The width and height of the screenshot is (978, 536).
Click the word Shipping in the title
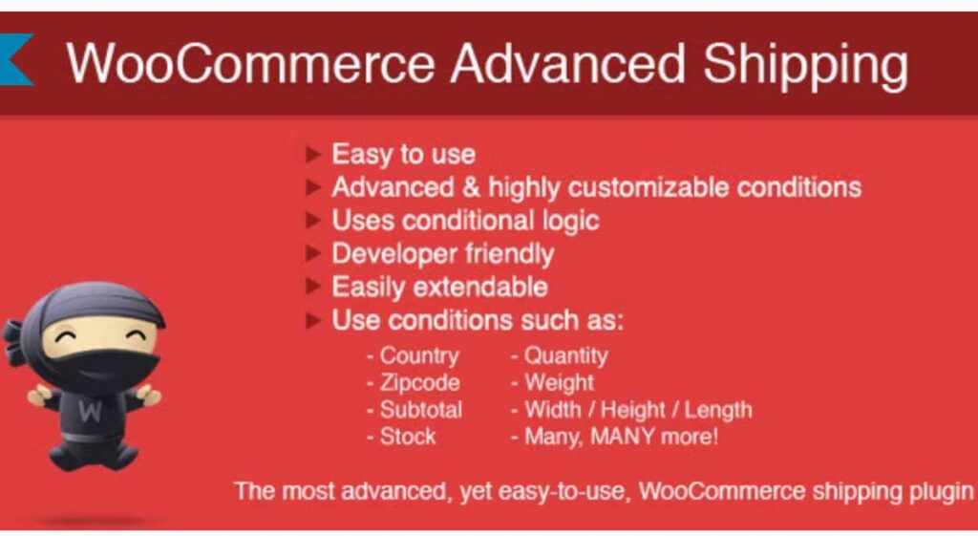pyautogui.click(x=805, y=66)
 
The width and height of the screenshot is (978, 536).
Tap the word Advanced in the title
pyautogui.click(x=568, y=64)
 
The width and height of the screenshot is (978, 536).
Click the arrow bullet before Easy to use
pyautogui.click(x=313, y=154)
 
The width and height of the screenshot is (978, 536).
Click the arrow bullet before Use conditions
pyautogui.click(x=313, y=321)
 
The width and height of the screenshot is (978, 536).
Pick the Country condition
pyautogui.click(x=418, y=355)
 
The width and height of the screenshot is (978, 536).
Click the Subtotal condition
pyautogui.click(x=420, y=410)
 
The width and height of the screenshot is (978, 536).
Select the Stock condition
pyautogui.click(x=408, y=437)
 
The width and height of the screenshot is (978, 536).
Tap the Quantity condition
pyautogui.click(x=565, y=355)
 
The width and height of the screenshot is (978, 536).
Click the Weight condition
pyautogui.click(x=559, y=383)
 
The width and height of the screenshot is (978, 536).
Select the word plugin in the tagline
pyautogui.click(x=937, y=491)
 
